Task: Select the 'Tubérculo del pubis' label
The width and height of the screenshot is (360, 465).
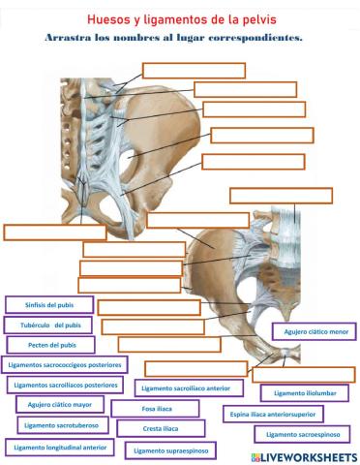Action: click(x=49, y=325)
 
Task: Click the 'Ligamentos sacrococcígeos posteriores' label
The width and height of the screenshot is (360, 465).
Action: click(x=64, y=365)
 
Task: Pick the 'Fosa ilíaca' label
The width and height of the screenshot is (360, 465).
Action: click(x=156, y=409)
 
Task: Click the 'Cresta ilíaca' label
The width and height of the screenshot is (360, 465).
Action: click(x=161, y=428)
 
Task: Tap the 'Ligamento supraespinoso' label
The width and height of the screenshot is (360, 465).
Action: click(x=170, y=450)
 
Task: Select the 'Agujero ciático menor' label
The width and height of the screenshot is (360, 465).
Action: click(x=315, y=331)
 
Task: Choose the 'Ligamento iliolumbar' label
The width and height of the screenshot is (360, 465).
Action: click(x=303, y=393)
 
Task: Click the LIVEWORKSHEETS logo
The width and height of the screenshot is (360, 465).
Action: click(x=302, y=455)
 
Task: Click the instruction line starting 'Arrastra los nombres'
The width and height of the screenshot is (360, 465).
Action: click(x=173, y=38)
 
